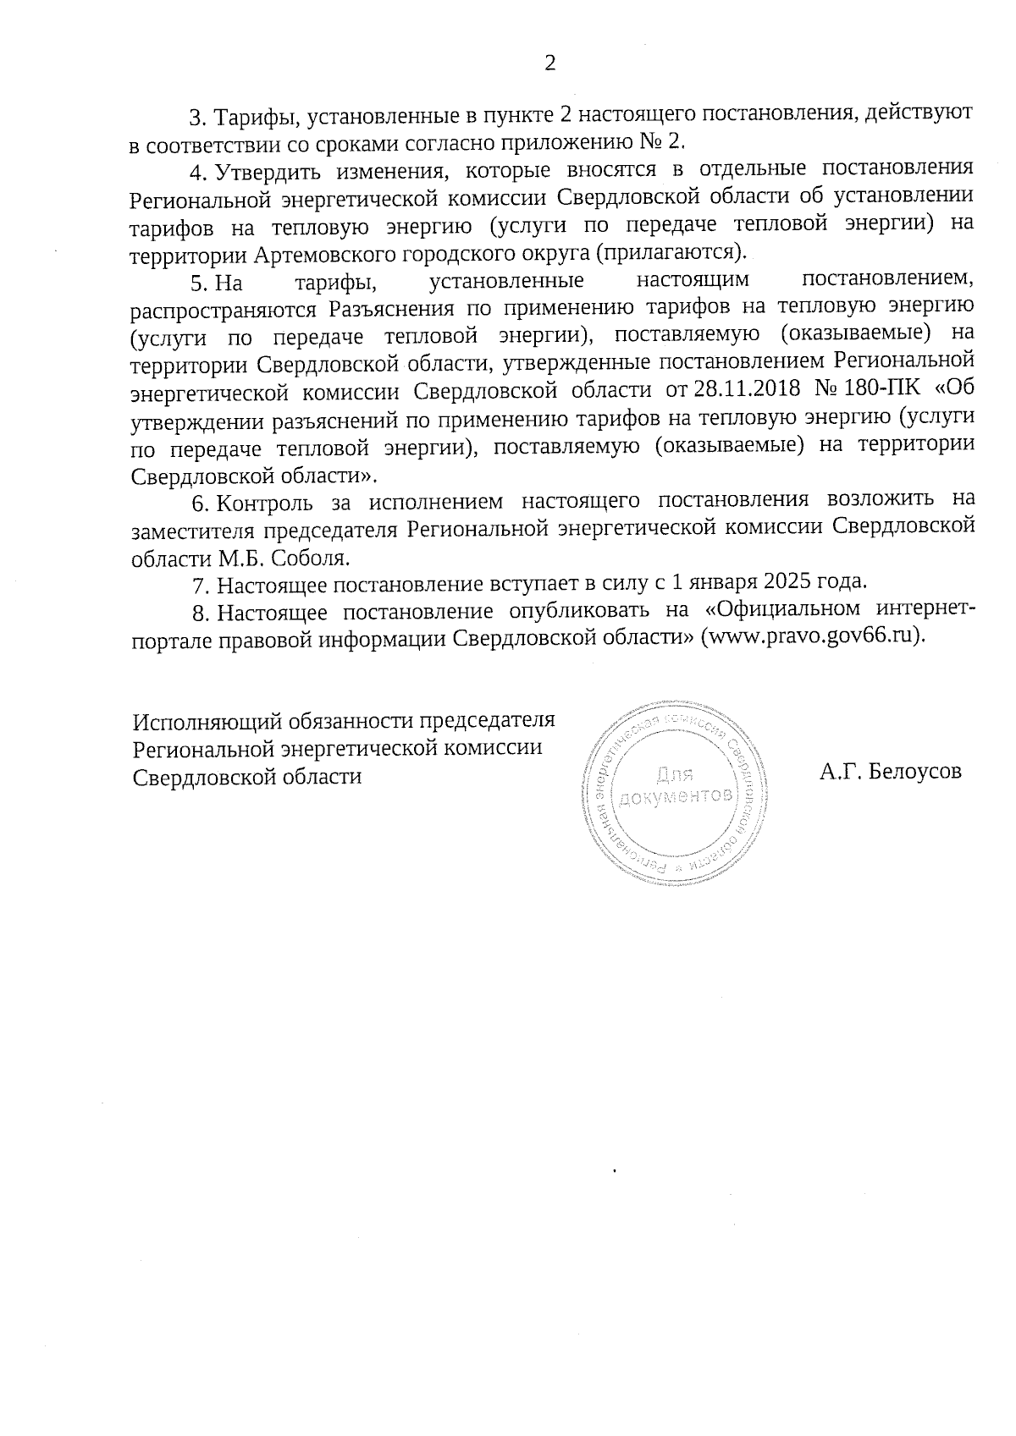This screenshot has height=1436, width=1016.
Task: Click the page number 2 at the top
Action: [x=550, y=63]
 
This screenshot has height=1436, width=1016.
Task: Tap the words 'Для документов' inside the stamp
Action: [x=675, y=784]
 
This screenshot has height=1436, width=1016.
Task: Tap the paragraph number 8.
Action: [x=200, y=611]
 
